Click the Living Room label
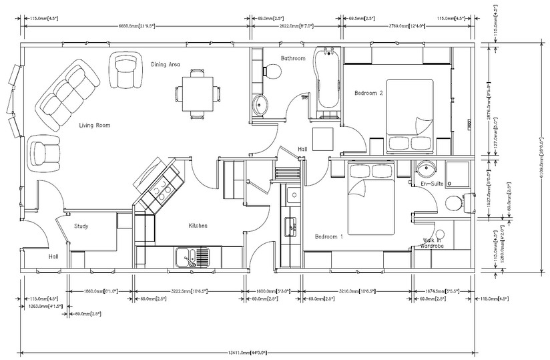point(94,125)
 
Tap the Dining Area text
point(166,65)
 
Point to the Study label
point(81,226)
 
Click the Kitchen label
point(198,226)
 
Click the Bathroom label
point(292,58)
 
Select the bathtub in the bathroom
point(328,78)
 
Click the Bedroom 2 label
point(368,93)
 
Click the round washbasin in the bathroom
point(260,105)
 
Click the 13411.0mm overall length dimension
point(248,351)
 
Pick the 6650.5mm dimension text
point(137,26)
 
